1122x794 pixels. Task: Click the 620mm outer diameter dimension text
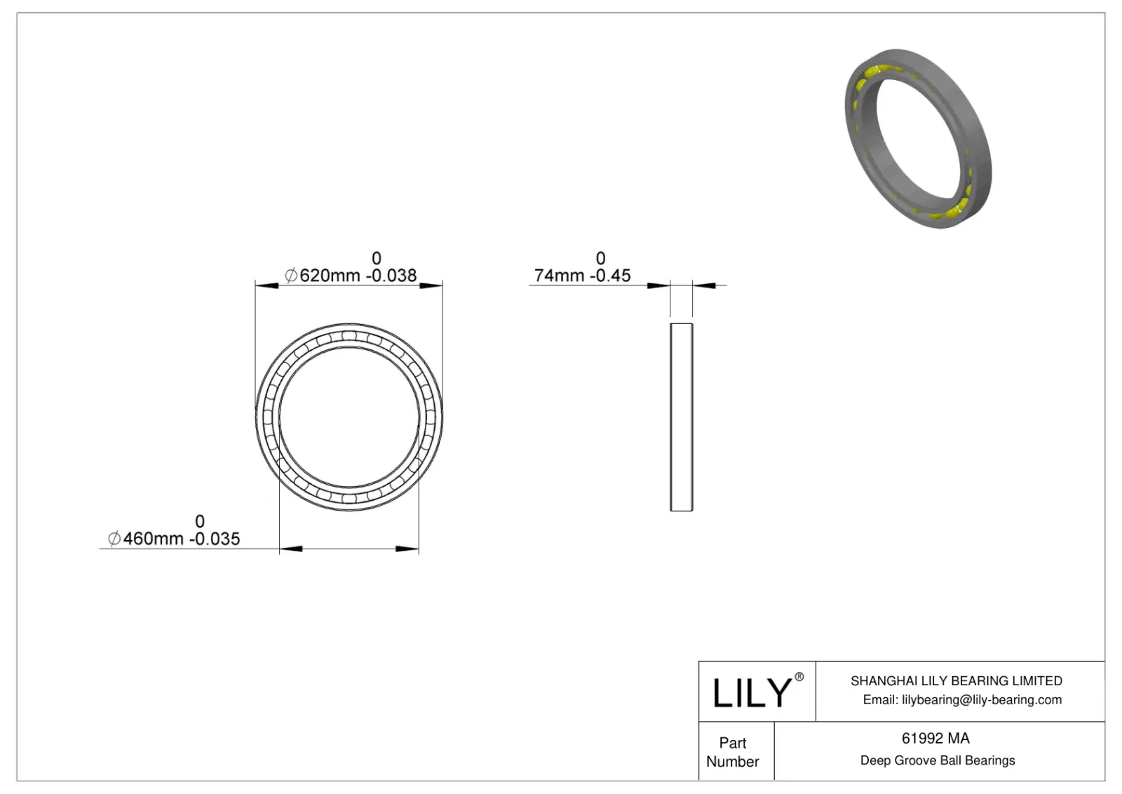[330, 276]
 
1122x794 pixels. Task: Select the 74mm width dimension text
[559, 276]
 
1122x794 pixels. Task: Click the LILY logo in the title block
[751, 692]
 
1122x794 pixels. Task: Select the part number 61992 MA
[935, 738]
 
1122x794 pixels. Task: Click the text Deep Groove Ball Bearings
[937, 760]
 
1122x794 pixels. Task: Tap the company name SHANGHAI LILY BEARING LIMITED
[956, 680]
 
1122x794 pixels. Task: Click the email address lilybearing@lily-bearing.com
[981, 699]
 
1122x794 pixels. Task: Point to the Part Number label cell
[733, 752]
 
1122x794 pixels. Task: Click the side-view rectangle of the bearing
[681, 417]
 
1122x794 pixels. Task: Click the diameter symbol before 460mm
[114, 539]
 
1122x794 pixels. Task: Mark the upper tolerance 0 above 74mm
[600, 258]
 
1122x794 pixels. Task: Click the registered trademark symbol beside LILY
[799, 677]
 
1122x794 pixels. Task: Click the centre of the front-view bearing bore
[349, 417]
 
